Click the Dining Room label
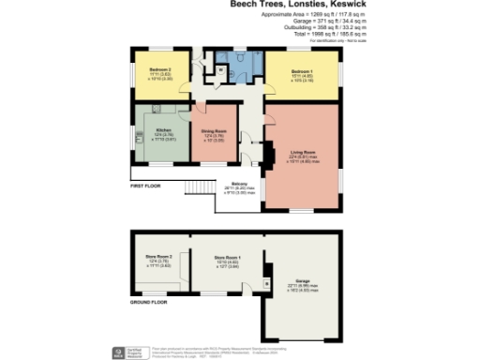pyautogui.click(x=215, y=132)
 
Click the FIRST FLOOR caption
pyautogui.click(x=145, y=187)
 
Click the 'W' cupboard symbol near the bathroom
pyautogui.click(x=217, y=68)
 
